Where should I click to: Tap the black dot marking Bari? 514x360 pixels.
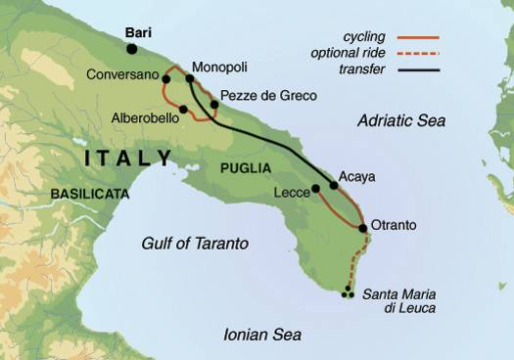(x=132, y=48)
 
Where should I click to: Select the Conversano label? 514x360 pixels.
(x=120, y=74)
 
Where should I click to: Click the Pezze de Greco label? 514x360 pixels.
(x=263, y=96)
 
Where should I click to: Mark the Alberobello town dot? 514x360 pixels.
(x=183, y=109)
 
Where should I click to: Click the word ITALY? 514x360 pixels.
(x=128, y=157)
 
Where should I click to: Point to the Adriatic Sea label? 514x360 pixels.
(x=400, y=121)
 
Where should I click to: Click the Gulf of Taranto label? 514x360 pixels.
(x=194, y=243)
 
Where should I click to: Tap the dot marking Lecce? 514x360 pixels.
(x=315, y=189)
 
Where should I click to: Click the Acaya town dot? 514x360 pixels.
(x=334, y=184)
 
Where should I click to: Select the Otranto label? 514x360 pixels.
(x=394, y=225)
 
